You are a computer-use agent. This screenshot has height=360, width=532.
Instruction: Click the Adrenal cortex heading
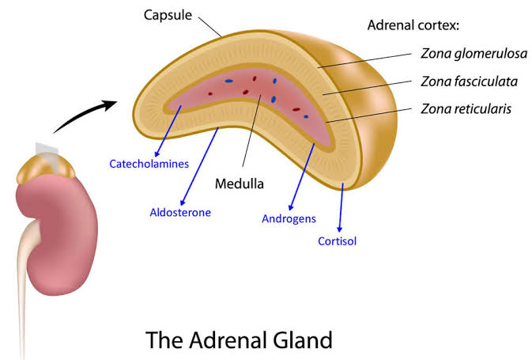click(x=413, y=25)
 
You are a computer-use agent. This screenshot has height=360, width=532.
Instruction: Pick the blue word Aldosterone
click(x=180, y=212)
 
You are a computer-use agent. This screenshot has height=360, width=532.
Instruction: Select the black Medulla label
click(x=239, y=184)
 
